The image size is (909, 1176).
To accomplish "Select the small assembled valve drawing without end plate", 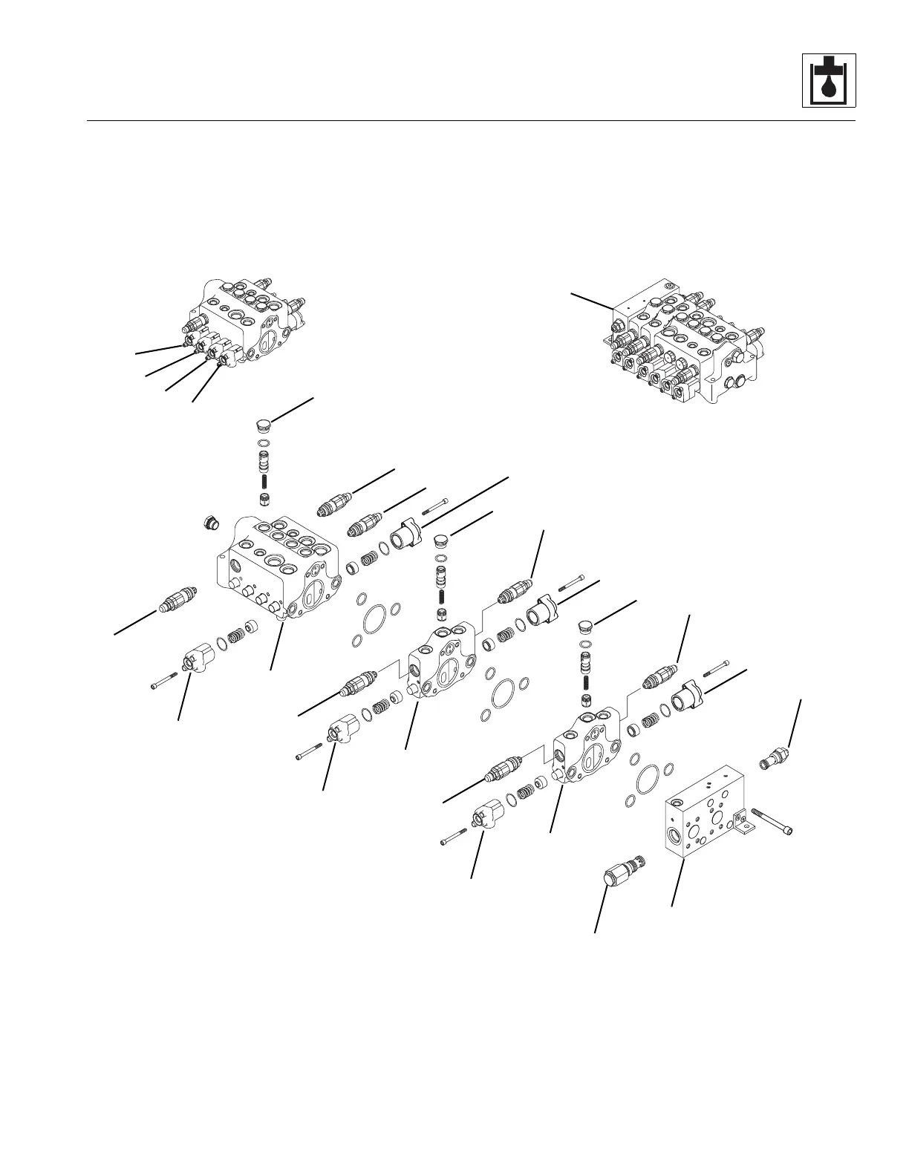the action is pyautogui.click(x=249, y=323).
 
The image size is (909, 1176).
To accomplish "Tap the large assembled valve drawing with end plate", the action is pyautogui.click(x=683, y=342).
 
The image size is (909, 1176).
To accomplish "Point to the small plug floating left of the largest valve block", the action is pyautogui.click(x=212, y=523).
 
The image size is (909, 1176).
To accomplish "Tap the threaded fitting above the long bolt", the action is pyautogui.click(x=774, y=759).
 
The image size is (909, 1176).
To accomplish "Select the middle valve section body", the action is pyautogui.click(x=443, y=661).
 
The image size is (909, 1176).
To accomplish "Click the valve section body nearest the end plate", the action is pyautogui.click(x=587, y=746).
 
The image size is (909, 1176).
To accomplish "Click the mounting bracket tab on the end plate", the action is pyautogui.click(x=740, y=820).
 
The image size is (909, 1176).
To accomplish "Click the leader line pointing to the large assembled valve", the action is pyautogui.click(x=592, y=301).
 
